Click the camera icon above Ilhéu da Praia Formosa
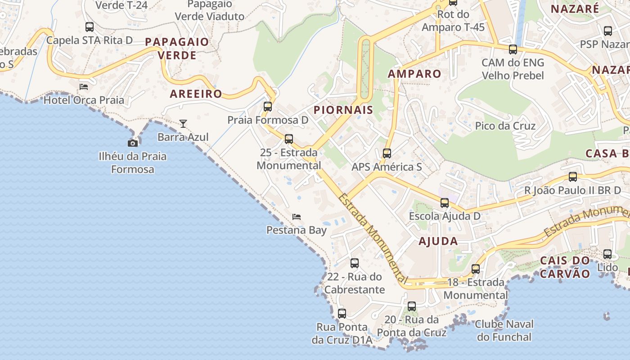pos(133,143)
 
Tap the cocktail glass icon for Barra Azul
pos(183,123)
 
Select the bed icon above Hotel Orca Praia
pos(84,86)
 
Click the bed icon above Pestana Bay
pos(297,217)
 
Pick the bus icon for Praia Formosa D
pos(268,107)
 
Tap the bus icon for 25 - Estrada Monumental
pos(289,139)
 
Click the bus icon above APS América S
pos(387,153)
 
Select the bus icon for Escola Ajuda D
pos(445,203)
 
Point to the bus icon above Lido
pos(607,254)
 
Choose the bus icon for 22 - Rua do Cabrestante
pos(355,263)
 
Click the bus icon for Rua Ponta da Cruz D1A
pos(342,314)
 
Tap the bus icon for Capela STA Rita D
pos(90,27)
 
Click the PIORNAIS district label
pos(343,110)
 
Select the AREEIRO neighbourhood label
pos(196,94)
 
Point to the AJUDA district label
pos(438,241)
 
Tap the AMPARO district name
pos(414,74)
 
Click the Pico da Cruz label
pos(505,126)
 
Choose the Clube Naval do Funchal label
pos(504,330)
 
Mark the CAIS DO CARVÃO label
pos(565,267)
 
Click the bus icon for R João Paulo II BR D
pos(573,177)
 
